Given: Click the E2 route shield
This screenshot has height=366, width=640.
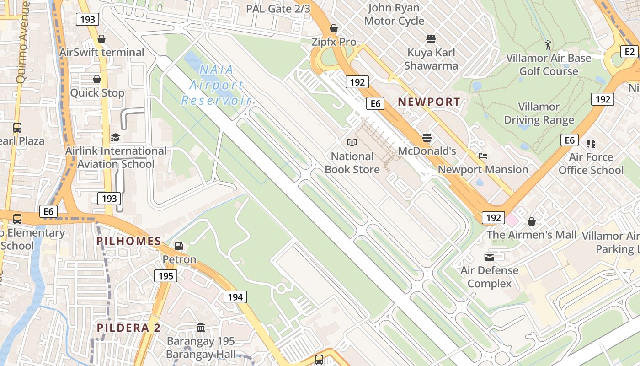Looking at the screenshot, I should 630,52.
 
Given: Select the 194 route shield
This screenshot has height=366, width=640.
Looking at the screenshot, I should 235,297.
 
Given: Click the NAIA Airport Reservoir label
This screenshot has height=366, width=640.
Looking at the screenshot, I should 216,85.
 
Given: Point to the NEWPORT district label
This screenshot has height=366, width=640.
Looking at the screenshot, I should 429,102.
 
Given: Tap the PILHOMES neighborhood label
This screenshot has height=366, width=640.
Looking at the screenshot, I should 128,241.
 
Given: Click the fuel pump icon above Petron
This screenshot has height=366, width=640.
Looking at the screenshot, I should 179,246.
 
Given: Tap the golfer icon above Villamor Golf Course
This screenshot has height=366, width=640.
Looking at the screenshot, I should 548,45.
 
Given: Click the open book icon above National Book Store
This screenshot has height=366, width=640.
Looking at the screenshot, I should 352,143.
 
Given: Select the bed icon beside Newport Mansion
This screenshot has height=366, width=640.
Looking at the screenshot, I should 483,156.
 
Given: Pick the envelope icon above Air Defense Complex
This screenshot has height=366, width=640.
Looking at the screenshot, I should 489,257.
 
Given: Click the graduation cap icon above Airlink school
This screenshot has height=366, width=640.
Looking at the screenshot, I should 115,137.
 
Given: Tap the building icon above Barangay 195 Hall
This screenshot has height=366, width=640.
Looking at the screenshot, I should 201,328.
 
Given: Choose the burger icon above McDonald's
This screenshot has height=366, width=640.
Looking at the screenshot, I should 427,137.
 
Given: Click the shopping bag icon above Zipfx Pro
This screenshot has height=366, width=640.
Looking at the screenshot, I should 334,28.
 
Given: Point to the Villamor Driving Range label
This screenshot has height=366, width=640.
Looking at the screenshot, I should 539,113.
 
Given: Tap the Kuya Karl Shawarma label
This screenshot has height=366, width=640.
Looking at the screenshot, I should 432,59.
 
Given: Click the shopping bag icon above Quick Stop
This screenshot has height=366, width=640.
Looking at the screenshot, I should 96,80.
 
